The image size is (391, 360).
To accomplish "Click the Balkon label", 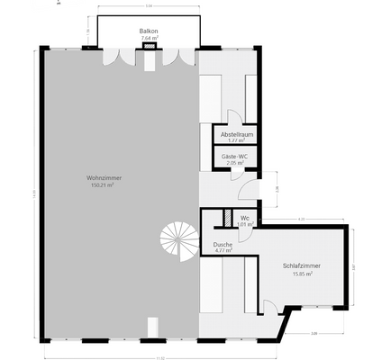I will point(149,31).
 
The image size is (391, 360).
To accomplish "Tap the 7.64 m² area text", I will point(149,38).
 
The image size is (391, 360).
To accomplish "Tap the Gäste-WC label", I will point(235,157).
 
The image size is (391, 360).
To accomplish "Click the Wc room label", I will point(244,217).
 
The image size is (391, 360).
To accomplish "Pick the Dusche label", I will point(223,244).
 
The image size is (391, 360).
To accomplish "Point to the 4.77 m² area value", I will point(223,250).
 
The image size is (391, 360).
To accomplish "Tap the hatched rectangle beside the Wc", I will point(227,219).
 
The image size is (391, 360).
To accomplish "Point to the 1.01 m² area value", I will point(244,223).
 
